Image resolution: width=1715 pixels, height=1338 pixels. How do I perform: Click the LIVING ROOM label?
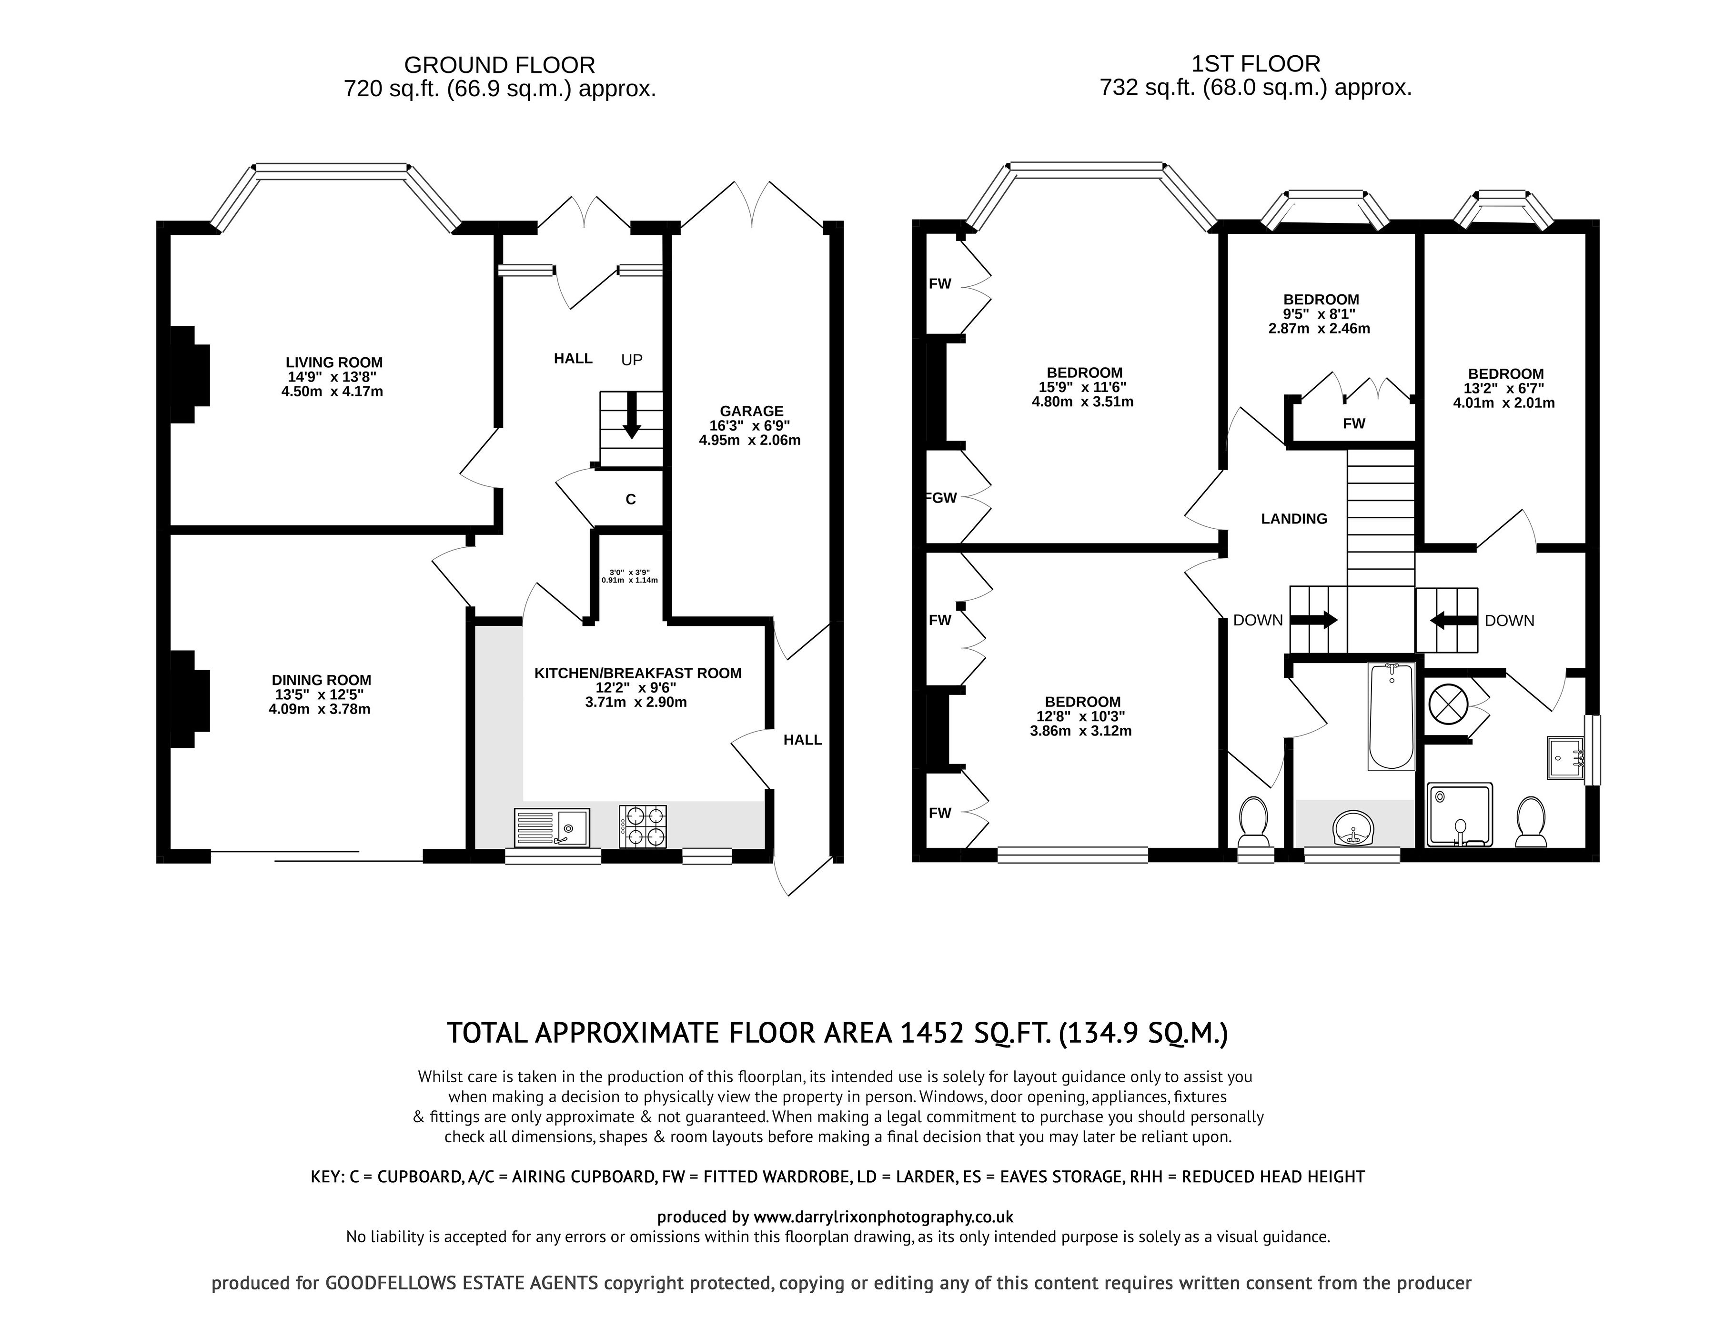click(x=334, y=362)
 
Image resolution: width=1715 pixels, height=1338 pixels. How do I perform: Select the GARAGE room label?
click(x=751, y=411)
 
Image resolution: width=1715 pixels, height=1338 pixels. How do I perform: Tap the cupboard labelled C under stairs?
click(x=630, y=499)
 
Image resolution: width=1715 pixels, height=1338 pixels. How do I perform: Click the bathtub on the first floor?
click(x=1392, y=716)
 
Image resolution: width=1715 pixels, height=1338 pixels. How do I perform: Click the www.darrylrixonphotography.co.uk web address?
click(x=883, y=1217)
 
